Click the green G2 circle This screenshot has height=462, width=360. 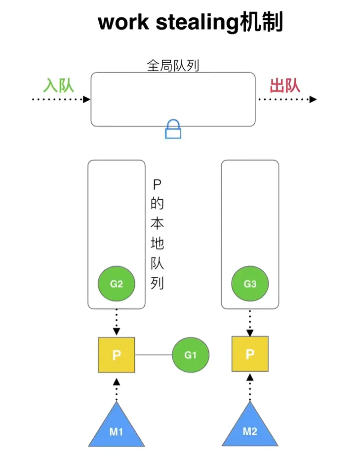pyautogui.click(x=117, y=284)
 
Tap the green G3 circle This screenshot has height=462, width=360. pyautogui.click(x=250, y=284)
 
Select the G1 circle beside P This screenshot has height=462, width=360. pyautogui.click(x=191, y=355)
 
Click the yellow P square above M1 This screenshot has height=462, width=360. pyautogui.click(x=117, y=355)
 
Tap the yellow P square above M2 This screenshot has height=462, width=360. pyautogui.click(x=250, y=354)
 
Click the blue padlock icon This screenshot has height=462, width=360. pyautogui.click(x=173, y=129)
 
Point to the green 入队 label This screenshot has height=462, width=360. pyautogui.click(x=58, y=85)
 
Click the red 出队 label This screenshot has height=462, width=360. pyautogui.click(x=285, y=85)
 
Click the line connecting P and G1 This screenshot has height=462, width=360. pyautogui.click(x=154, y=355)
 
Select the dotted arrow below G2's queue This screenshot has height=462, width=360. pyautogui.click(x=117, y=323)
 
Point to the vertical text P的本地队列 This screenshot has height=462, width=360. pyautogui.click(x=157, y=235)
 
